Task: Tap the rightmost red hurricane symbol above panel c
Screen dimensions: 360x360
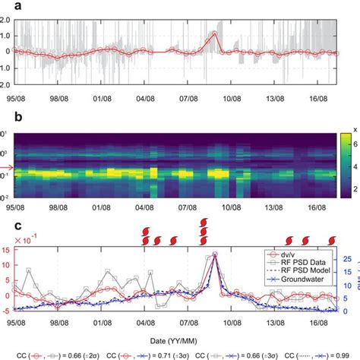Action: [329, 241]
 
